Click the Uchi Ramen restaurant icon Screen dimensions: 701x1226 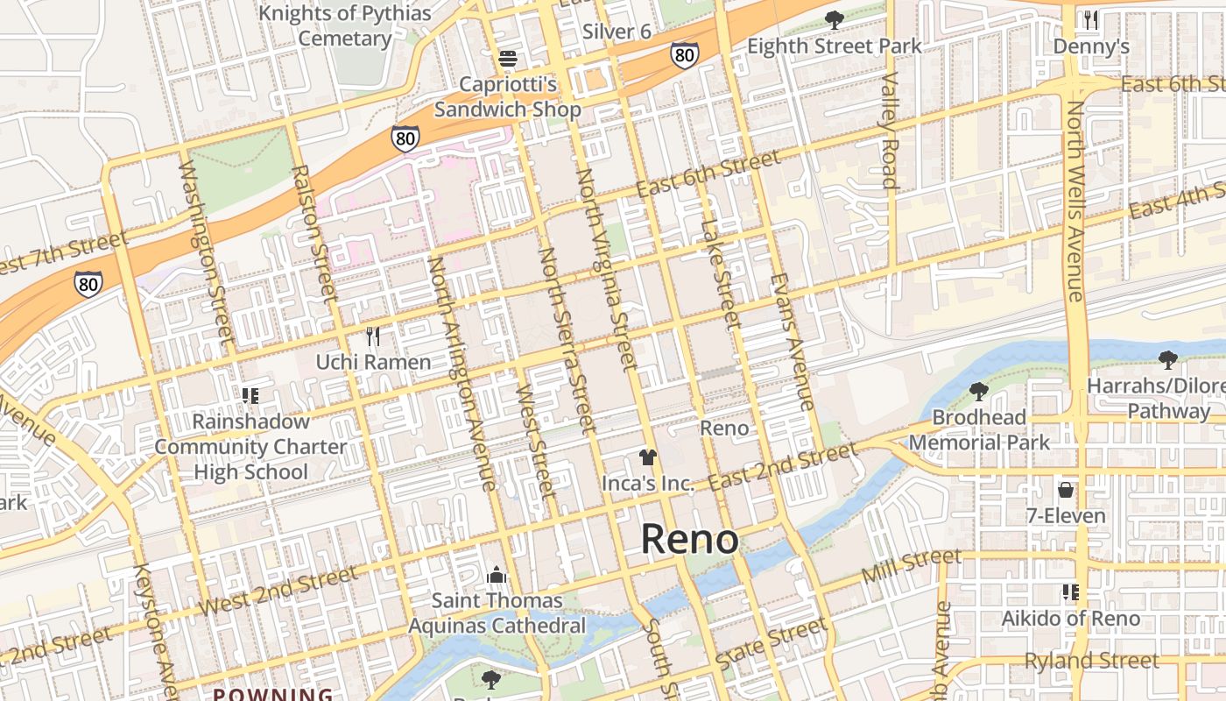373,336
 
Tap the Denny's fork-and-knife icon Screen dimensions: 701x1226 1090,19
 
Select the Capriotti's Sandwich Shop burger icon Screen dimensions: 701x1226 508,59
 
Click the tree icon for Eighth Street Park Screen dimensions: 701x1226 835,19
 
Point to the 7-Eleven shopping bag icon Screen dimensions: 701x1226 1066,489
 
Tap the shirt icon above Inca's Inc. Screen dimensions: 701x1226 647,457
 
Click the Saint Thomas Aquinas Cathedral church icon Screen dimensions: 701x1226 497,575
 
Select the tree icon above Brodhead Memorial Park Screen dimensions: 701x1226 978,391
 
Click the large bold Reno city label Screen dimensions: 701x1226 690,539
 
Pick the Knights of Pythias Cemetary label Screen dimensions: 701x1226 345,26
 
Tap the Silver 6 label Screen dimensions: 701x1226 617,32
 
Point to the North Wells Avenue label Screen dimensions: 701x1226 1075,201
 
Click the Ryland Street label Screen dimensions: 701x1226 1091,660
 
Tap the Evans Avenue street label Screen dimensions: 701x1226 793,342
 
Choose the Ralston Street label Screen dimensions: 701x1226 313,234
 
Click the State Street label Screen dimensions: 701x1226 771,644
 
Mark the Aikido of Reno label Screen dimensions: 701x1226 1070,619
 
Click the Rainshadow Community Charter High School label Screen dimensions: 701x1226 250,446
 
